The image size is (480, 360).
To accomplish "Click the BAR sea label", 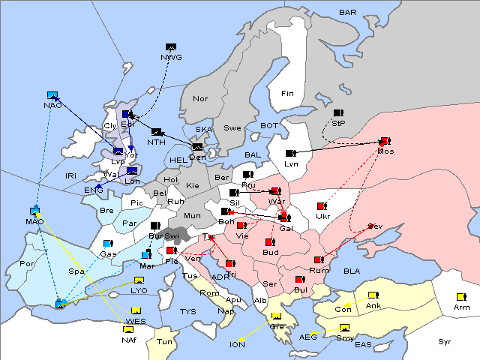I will click(347, 13).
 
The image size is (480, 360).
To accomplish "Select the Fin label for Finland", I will click(287, 94).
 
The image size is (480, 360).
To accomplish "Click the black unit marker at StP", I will click(338, 113).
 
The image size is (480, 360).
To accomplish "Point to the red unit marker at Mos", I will click(385, 141).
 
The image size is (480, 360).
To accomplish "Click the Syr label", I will click(445, 341).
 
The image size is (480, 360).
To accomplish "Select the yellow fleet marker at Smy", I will click(344, 328).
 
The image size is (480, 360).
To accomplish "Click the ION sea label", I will click(237, 344).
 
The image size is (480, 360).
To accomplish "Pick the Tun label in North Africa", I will click(164, 341).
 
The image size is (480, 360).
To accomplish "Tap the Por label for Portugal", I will click(28, 264).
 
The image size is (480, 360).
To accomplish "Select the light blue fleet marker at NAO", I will click(52, 95).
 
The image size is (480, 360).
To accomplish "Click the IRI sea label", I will click(71, 175).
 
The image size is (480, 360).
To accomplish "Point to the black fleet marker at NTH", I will click(157, 133).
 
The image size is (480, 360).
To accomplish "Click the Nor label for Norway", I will click(200, 99).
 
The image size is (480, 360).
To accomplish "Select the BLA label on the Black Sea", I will click(352, 271).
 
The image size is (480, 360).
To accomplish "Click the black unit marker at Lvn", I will click(290, 154).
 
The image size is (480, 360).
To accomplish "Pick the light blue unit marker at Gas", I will click(108, 244).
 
